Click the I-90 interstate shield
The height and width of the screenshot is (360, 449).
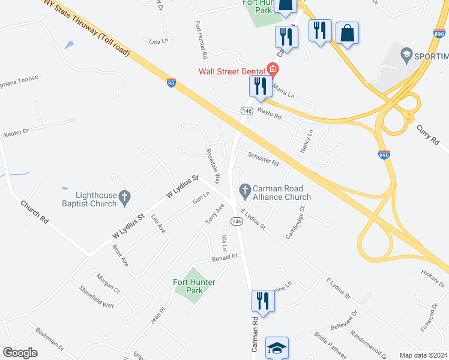click(x=172, y=82)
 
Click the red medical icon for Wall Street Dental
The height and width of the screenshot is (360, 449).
click(x=273, y=69)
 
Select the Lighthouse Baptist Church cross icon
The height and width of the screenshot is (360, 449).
click(x=124, y=196)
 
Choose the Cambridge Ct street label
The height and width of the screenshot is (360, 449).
click(x=295, y=223)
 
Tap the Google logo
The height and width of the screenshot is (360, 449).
click(x=20, y=353)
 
